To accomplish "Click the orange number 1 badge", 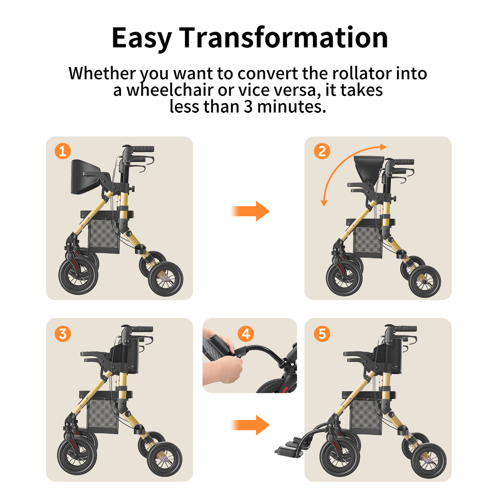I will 63,151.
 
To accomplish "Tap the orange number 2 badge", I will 322,151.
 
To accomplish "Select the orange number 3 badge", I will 63,333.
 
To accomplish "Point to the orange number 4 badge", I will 246,334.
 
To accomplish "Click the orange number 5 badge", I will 322,333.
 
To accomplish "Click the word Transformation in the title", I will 284,38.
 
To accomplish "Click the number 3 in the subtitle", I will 248,107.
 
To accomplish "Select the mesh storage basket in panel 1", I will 104,235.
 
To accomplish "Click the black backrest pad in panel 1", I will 85,176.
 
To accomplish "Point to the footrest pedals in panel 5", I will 293,446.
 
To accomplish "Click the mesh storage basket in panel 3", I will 103,416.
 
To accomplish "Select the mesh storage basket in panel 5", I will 366,417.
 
